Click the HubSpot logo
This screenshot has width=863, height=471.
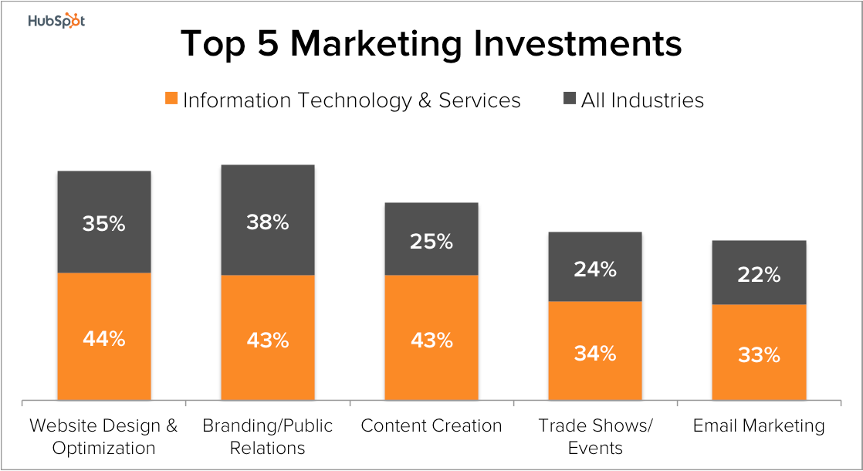point(56,21)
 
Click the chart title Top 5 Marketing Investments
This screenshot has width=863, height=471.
point(431,44)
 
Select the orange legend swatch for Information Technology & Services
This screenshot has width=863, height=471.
point(171,99)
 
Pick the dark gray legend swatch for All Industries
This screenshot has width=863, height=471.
point(570,99)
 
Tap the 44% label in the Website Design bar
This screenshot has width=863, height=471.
point(104,338)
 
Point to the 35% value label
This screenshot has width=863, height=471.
point(104,224)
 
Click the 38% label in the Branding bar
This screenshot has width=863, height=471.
point(268,222)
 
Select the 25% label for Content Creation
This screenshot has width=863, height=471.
point(431,241)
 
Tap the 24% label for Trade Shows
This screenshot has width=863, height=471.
point(595,269)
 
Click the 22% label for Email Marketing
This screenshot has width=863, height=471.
point(759,274)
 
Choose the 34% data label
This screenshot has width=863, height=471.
point(595,354)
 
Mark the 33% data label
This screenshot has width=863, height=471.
point(759,355)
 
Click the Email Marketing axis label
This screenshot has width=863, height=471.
point(759,425)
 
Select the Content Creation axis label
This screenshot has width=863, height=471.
point(431,425)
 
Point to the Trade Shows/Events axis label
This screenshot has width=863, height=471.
point(595,436)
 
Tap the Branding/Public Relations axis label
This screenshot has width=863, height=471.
point(268,436)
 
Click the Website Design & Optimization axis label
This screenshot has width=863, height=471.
point(104,436)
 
